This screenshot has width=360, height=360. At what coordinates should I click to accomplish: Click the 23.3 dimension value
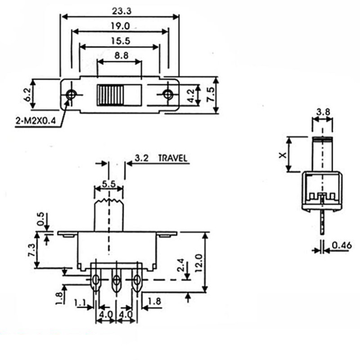click(x=121, y=11)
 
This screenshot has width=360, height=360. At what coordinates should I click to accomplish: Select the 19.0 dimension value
click(x=120, y=26)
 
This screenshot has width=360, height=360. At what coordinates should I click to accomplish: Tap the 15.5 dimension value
click(x=121, y=41)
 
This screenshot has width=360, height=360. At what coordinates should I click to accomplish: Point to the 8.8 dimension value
click(x=121, y=56)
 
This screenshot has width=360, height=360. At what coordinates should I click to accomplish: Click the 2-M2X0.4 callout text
click(x=36, y=121)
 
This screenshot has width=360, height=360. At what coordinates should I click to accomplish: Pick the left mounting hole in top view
click(x=71, y=94)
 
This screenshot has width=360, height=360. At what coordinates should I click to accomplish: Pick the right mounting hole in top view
click(x=168, y=94)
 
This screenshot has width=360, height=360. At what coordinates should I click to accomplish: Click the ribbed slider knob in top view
click(x=110, y=95)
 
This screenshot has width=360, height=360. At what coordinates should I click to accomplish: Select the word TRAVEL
click(x=173, y=158)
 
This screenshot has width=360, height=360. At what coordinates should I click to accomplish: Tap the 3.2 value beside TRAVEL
click(x=141, y=158)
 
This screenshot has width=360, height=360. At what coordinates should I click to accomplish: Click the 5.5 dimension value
click(x=109, y=184)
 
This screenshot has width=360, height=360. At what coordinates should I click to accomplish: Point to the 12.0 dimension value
click(x=198, y=263)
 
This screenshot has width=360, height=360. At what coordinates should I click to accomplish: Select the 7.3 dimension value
click(x=32, y=250)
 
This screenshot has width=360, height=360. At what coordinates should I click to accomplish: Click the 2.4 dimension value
click(x=181, y=265)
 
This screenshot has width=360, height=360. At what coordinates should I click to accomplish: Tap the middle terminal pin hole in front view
click(x=117, y=280)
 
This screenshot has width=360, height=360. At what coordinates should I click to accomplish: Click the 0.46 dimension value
click(x=342, y=245)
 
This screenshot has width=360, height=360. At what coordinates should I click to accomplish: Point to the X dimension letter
click(x=283, y=155)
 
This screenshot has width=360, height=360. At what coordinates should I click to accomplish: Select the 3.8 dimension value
click(x=323, y=112)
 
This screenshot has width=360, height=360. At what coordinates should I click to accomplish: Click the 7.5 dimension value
click(x=211, y=94)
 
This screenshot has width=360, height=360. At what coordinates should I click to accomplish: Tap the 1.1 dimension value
click(x=81, y=302)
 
